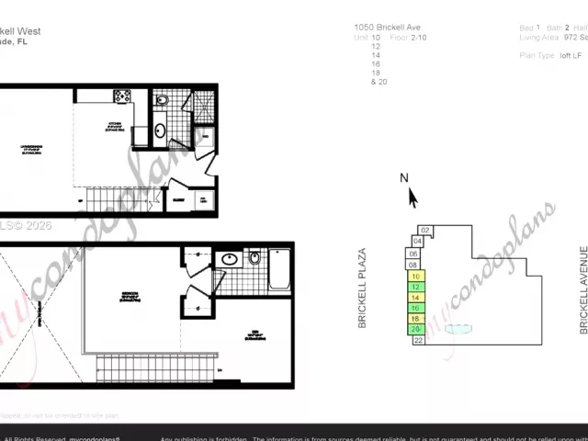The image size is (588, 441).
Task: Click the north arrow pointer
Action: point(412,198)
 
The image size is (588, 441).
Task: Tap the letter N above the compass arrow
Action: point(404,178)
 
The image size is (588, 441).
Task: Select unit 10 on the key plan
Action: point(416,276)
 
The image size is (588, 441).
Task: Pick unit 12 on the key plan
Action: point(416,287)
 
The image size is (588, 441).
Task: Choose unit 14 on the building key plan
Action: point(416,298)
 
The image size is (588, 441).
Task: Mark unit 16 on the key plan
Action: point(416,308)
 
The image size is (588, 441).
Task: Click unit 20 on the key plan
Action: point(416,329)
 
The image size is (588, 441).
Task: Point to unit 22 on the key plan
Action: point(418,340)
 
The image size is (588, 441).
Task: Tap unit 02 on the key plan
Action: point(425,231)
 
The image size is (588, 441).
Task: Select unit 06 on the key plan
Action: point(413,254)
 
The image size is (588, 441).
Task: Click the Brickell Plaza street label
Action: point(362,288)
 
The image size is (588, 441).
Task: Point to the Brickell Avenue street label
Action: point(582,289)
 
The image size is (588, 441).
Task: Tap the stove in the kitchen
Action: point(122,96)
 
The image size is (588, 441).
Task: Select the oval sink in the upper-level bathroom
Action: point(229,260)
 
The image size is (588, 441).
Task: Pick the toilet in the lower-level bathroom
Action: point(162,100)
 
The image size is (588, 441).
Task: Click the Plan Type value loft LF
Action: point(571,55)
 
